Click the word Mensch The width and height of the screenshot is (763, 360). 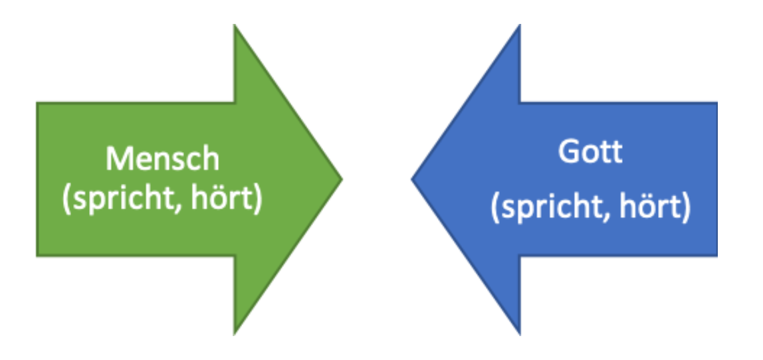[162, 159]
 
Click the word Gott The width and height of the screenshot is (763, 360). [590, 152]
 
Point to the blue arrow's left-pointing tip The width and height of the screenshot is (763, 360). [413, 179]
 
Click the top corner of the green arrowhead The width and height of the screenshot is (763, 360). [235, 25]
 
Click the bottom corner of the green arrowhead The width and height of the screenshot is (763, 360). [235, 333]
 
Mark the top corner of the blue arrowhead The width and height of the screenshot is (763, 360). [519, 25]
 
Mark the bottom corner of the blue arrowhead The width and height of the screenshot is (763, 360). [519, 333]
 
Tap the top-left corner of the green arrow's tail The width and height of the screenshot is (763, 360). [37, 103]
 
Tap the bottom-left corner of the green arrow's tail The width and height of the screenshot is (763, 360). [37, 256]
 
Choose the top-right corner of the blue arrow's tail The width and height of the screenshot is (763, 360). [716, 103]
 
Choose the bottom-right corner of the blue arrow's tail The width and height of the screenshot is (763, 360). [716, 256]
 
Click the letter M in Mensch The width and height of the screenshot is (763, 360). [118, 159]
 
